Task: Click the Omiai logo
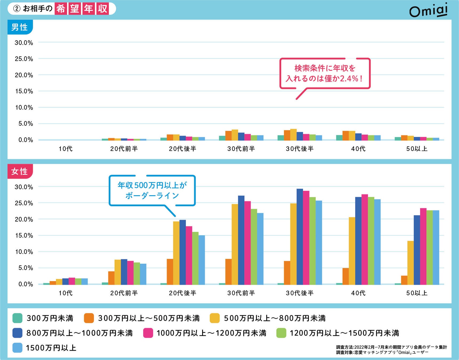tap(428, 11)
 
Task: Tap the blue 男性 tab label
tap(19, 27)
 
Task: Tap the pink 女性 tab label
tap(19, 171)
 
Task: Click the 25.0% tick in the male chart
tap(24, 59)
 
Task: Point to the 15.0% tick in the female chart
tap(24, 235)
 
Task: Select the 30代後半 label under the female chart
tap(300, 293)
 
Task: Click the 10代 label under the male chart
tap(66, 149)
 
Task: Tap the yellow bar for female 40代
tap(352, 251)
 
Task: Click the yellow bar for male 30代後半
tap(293, 135)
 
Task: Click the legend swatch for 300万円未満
tap(17, 318)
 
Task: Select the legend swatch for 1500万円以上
tap(17, 348)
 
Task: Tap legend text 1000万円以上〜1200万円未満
tap(211, 333)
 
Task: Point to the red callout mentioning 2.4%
tap(325, 73)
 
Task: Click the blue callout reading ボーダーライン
tap(152, 190)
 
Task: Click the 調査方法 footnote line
tap(391, 347)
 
